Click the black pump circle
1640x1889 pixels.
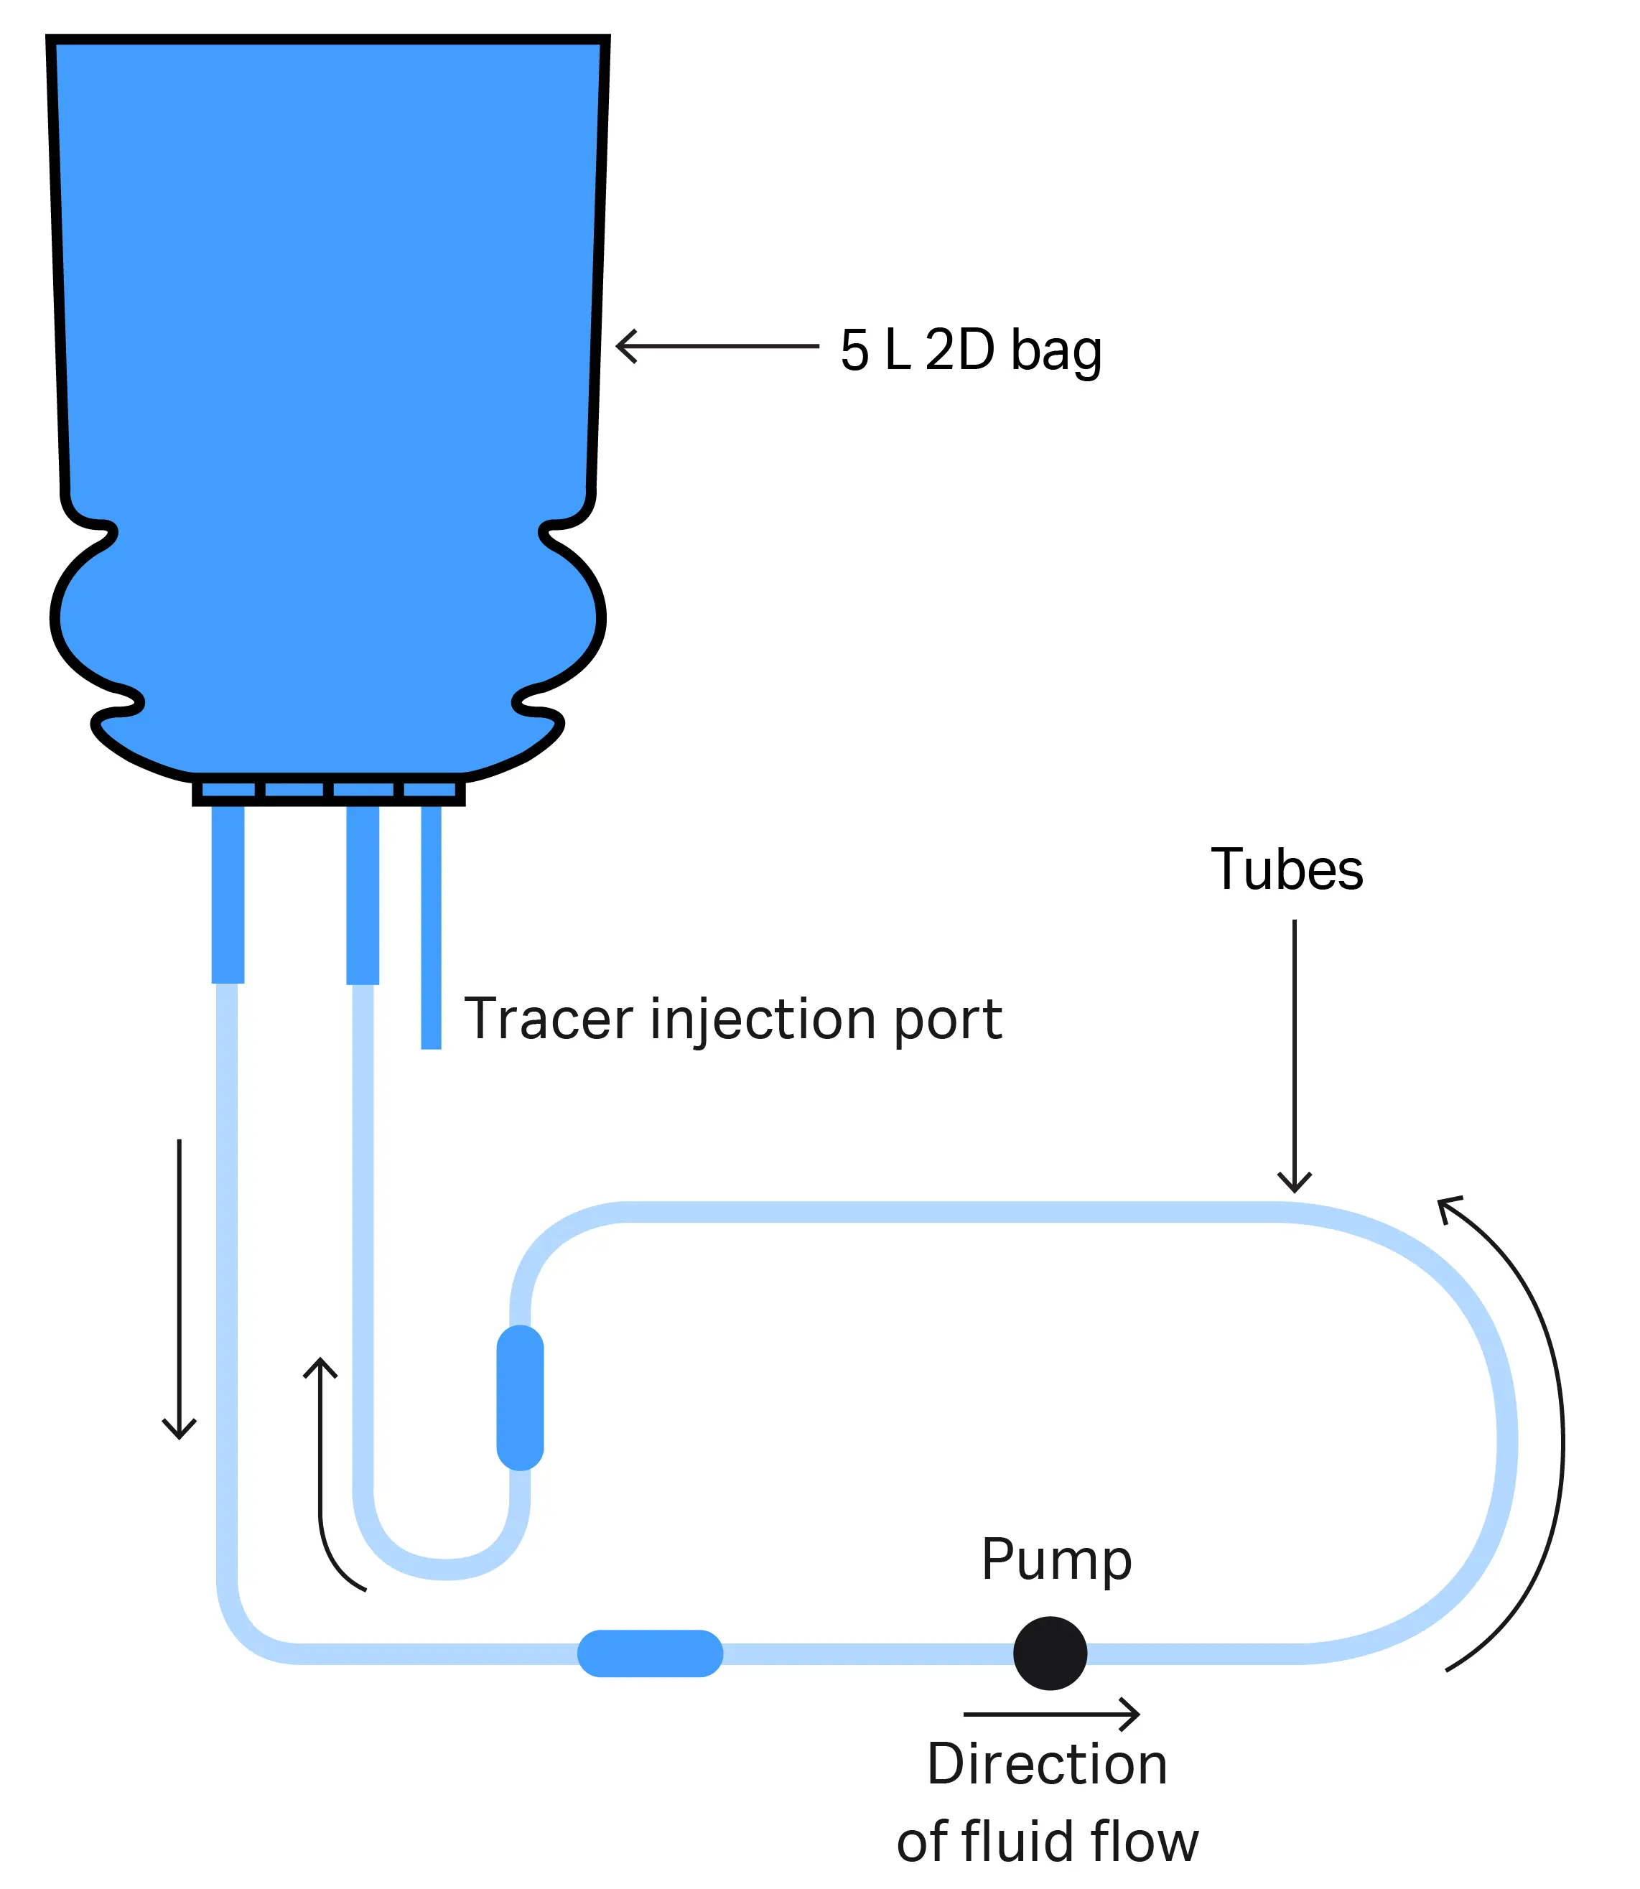coord(1050,1653)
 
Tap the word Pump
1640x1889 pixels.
coord(1056,1559)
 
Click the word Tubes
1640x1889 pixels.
coord(1286,869)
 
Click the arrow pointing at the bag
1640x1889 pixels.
coord(717,346)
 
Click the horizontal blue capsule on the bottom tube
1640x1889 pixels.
coord(650,1653)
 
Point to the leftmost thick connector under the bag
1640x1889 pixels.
coord(228,893)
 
